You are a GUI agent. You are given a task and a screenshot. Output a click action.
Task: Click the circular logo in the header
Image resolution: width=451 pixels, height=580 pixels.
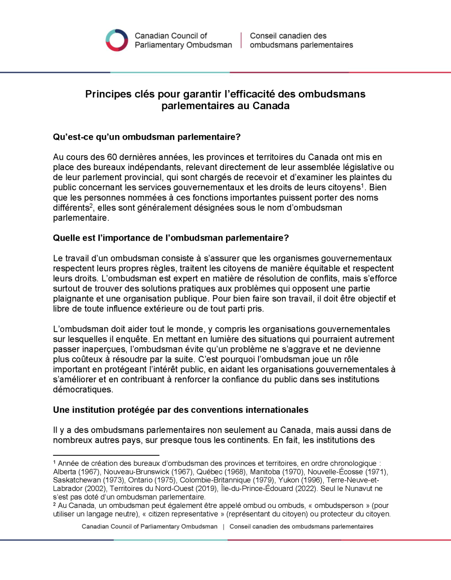coord(117,40)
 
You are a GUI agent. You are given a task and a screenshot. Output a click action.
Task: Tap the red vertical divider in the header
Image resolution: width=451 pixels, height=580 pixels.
coord(241,40)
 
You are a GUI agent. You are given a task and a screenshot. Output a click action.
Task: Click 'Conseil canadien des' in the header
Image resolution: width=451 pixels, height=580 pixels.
coord(288,36)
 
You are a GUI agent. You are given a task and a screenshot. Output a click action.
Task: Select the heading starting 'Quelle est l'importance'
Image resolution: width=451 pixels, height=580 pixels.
coord(171,238)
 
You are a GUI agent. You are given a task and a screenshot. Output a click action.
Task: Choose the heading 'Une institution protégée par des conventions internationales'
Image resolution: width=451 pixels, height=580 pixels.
coord(180,410)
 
